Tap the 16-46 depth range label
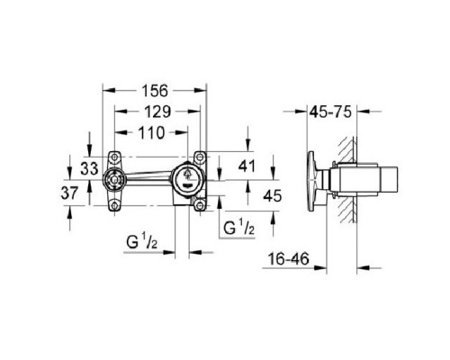[x=291, y=257]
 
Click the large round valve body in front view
[x=187, y=178]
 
